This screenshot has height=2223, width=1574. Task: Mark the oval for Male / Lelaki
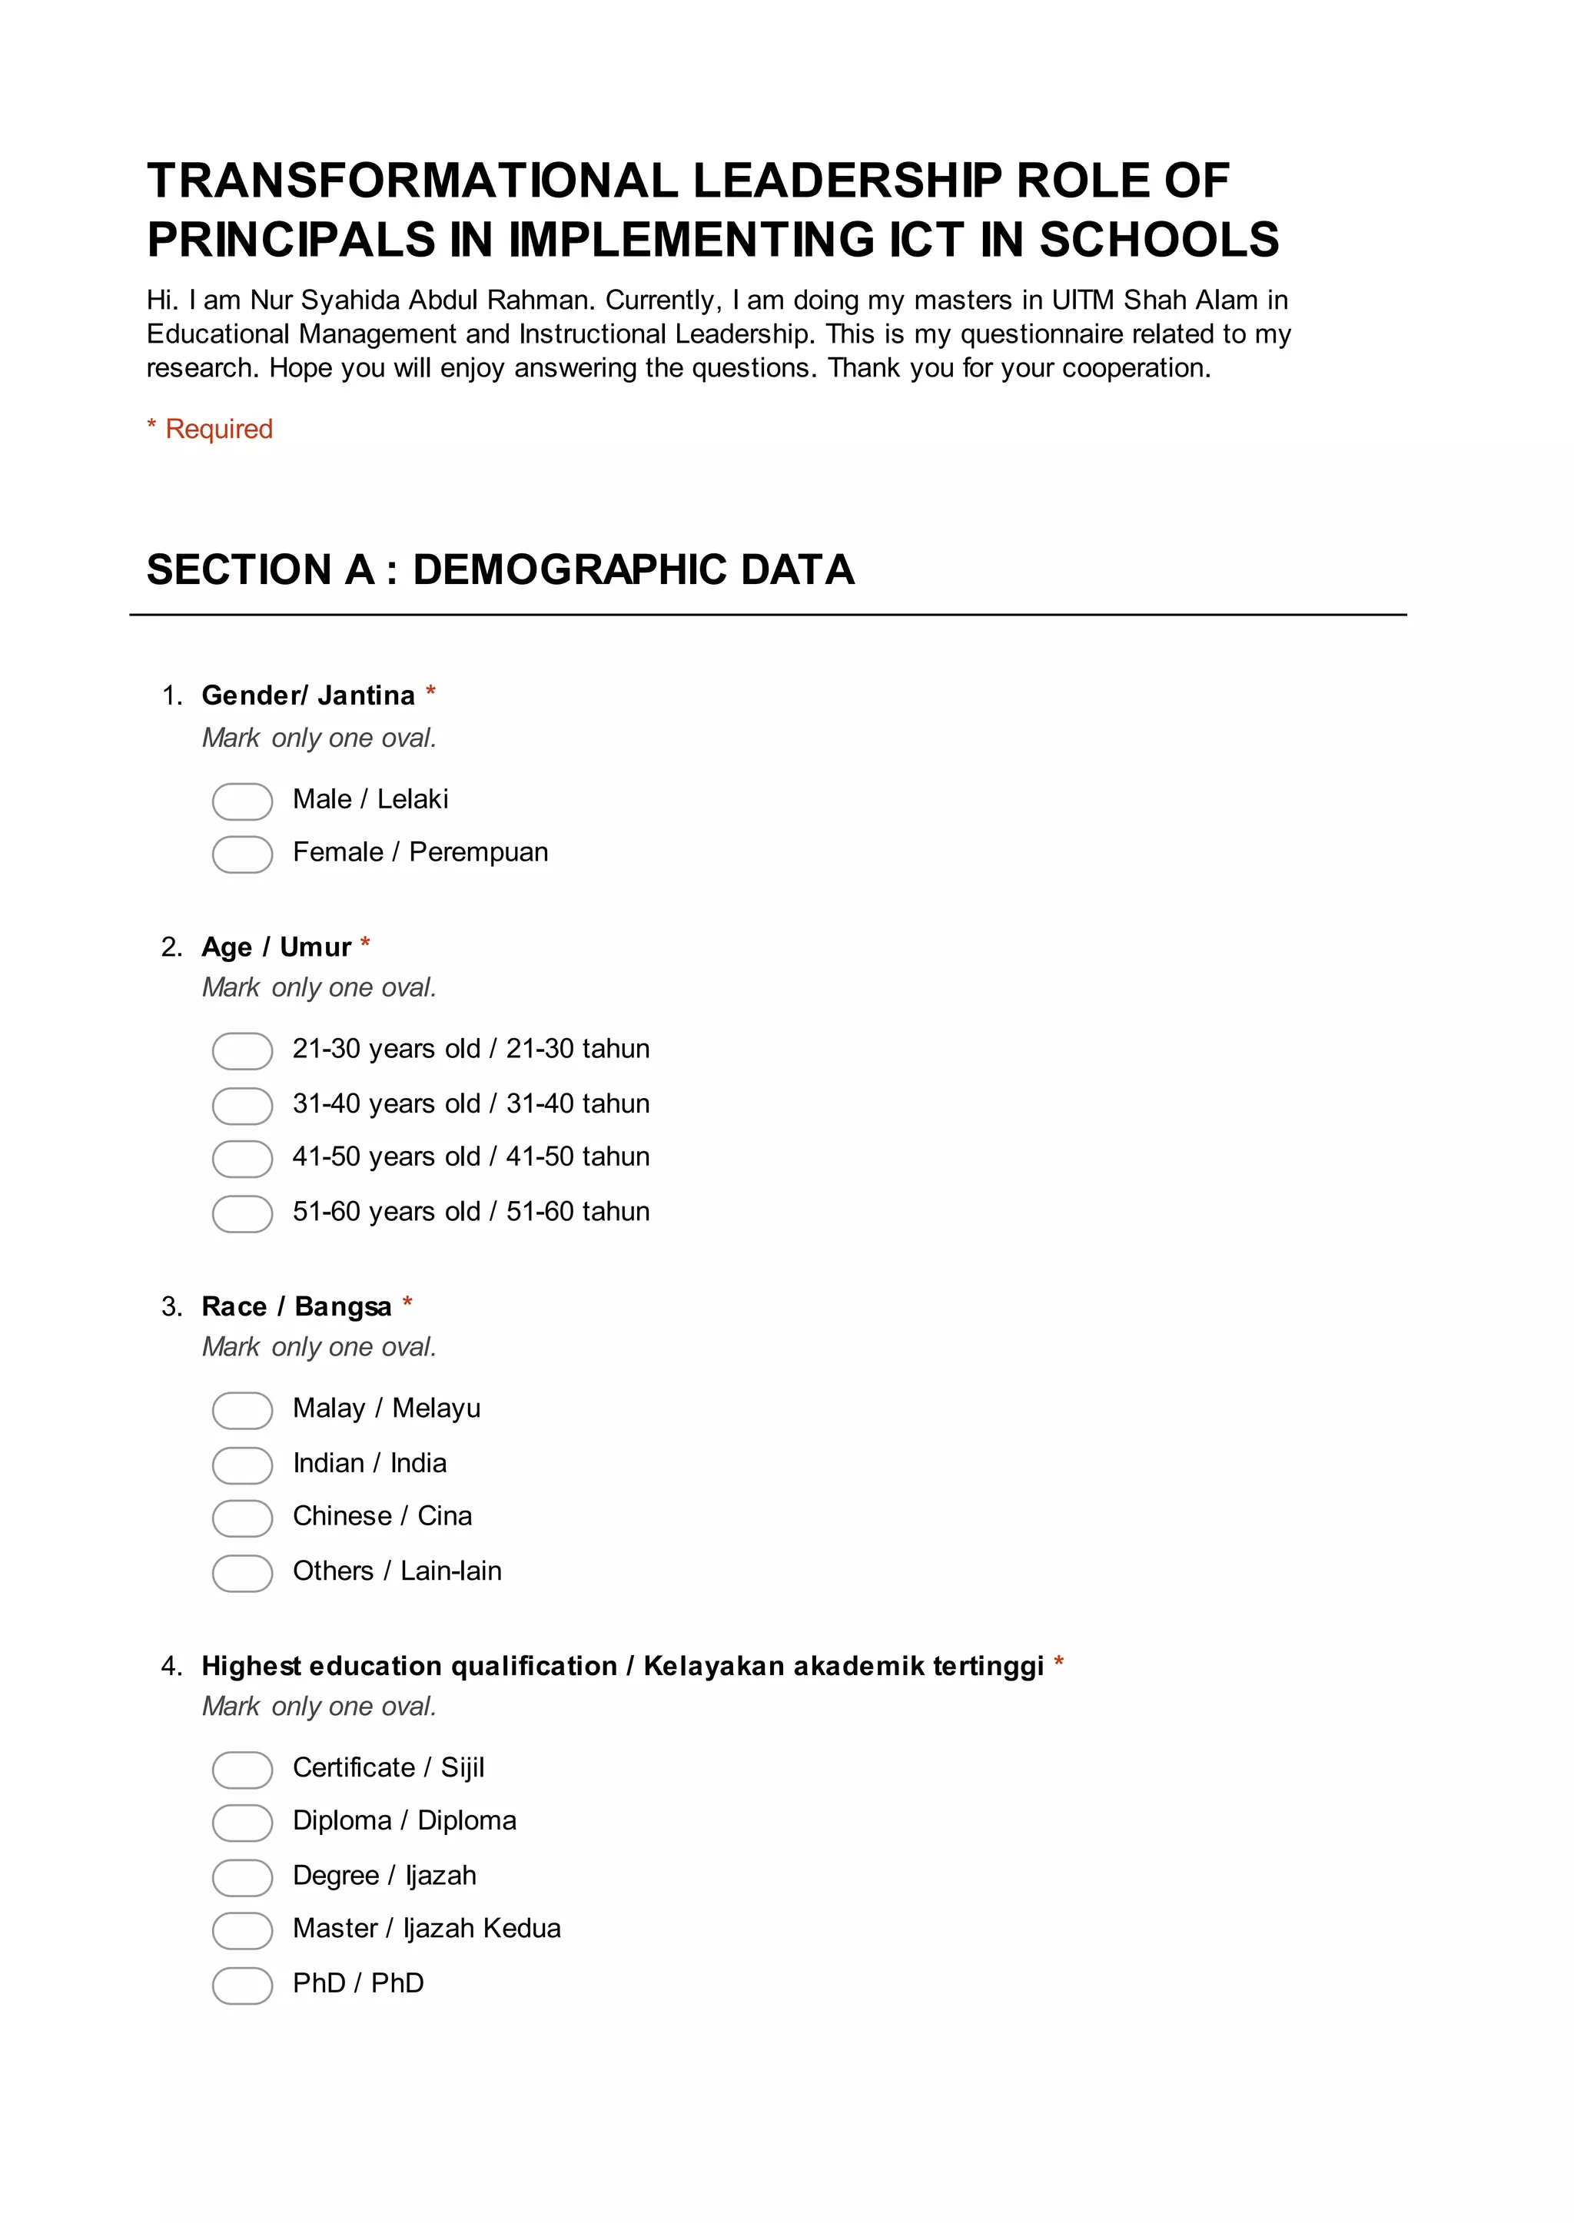coord(242,801)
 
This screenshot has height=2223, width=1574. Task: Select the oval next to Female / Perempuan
coord(242,854)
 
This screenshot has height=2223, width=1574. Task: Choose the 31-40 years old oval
coord(242,1105)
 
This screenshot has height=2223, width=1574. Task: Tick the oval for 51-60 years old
coord(242,1213)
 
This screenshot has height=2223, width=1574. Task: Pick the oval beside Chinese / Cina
coord(242,1518)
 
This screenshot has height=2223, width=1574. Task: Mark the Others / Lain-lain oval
coord(242,1573)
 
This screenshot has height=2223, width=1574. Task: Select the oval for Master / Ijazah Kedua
coord(242,1930)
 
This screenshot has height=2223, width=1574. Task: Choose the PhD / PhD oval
coord(242,1985)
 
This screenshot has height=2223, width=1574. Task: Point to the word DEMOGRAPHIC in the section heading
coord(570,570)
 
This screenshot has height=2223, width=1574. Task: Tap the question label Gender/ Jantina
coord(307,695)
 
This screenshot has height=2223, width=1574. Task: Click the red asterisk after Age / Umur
coord(365,944)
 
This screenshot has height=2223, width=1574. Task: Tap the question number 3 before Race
coord(171,1306)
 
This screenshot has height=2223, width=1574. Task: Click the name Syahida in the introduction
coord(351,300)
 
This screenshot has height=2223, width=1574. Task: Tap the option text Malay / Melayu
coord(386,1408)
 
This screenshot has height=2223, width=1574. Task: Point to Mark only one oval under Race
coord(319,1347)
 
